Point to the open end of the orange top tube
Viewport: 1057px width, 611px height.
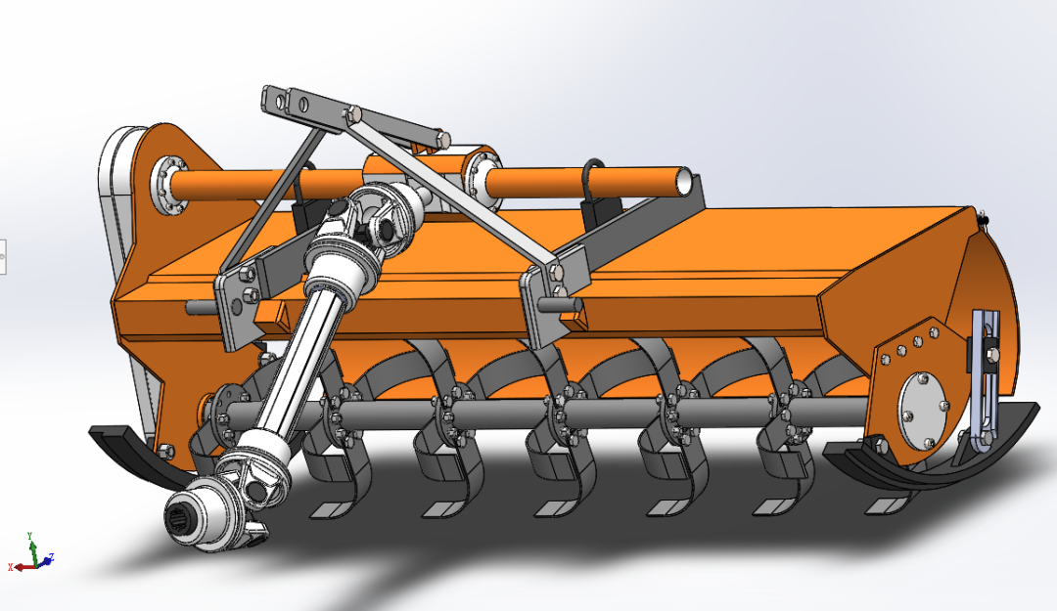690,182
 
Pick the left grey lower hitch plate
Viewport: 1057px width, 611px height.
235,307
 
